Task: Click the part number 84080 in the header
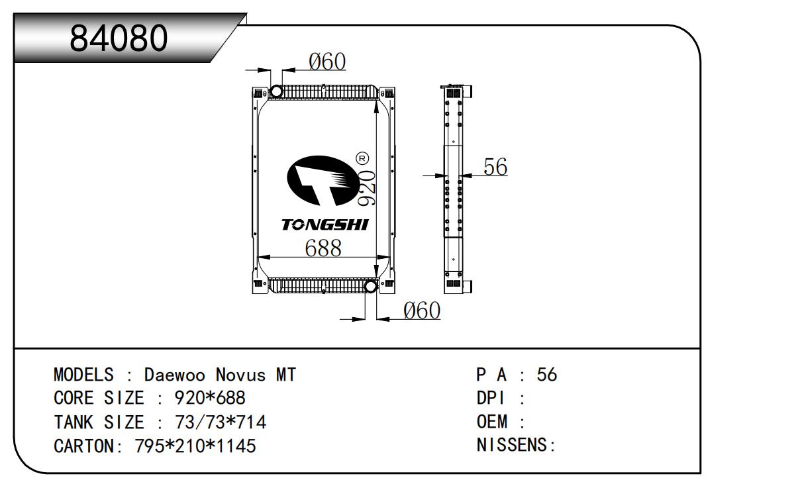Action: pos(119,39)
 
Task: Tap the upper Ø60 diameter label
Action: pos(327,62)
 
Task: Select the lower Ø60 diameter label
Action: pos(421,310)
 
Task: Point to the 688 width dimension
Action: pos(323,248)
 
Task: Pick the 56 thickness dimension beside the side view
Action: pos(495,167)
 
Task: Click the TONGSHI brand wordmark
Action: pos(325,225)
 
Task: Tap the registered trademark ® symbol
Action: pos(362,158)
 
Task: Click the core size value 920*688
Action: pos(210,399)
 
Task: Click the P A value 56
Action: pos(547,375)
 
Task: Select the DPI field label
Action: pos(491,399)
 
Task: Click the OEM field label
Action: pos(493,422)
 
